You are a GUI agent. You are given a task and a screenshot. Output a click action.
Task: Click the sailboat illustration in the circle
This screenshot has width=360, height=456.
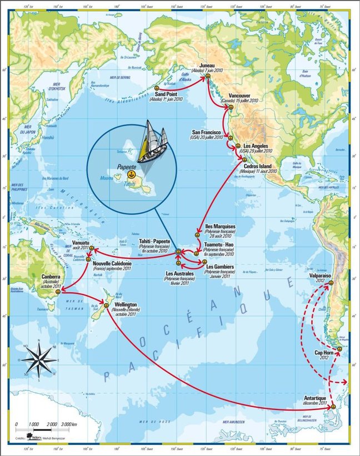click(x=152, y=142)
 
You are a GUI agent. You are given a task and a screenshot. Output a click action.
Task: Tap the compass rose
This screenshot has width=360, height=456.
click(x=35, y=359)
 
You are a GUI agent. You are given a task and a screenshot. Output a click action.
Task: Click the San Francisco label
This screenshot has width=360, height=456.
click(x=207, y=133)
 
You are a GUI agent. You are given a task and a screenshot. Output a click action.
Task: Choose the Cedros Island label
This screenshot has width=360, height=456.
click(x=259, y=166)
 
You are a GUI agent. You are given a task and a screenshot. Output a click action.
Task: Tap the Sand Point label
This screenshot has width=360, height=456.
click(x=169, y=94)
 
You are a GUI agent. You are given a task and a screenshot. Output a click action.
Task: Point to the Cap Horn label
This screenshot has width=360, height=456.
click(x=324, y=353)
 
